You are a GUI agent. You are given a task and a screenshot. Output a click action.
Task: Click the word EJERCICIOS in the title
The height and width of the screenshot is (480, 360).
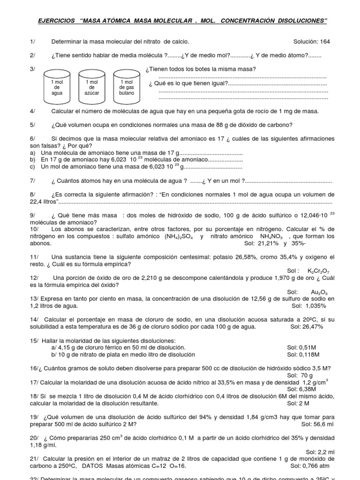[56, 21]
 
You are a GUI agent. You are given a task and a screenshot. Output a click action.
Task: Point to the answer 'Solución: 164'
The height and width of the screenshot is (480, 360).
[312, 41]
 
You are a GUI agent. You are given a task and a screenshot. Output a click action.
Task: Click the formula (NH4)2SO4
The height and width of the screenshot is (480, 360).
[180, 237]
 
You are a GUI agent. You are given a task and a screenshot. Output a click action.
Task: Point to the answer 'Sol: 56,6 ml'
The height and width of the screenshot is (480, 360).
[317, 424]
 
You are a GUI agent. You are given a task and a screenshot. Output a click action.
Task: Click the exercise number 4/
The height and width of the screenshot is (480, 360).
[32, 111]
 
